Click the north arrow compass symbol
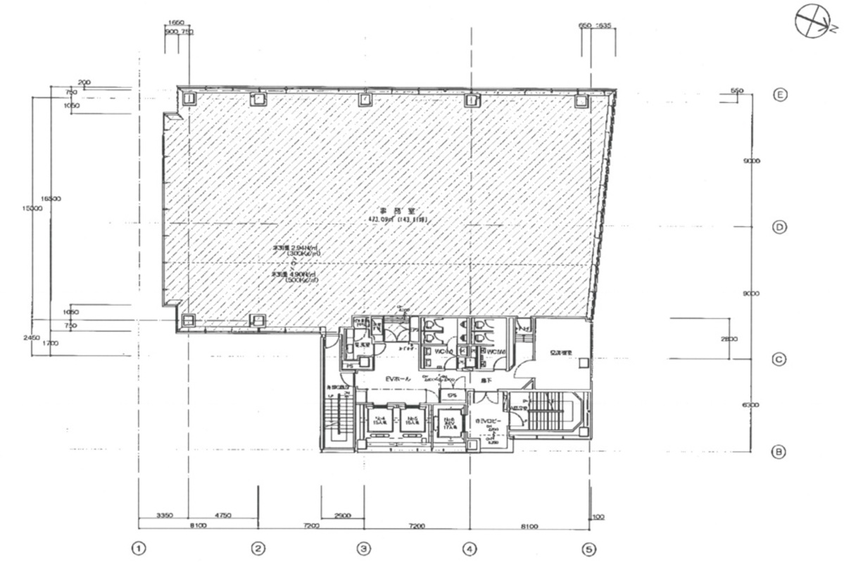point(810,23)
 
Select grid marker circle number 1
point(139,547)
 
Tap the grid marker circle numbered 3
point(363,547)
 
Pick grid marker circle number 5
point(589,547)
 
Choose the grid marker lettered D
point(779,227)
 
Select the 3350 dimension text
point(165,515)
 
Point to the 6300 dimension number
point(750,405)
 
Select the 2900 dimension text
point(343,515)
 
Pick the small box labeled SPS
point(453,395)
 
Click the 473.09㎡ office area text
point(396,220)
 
